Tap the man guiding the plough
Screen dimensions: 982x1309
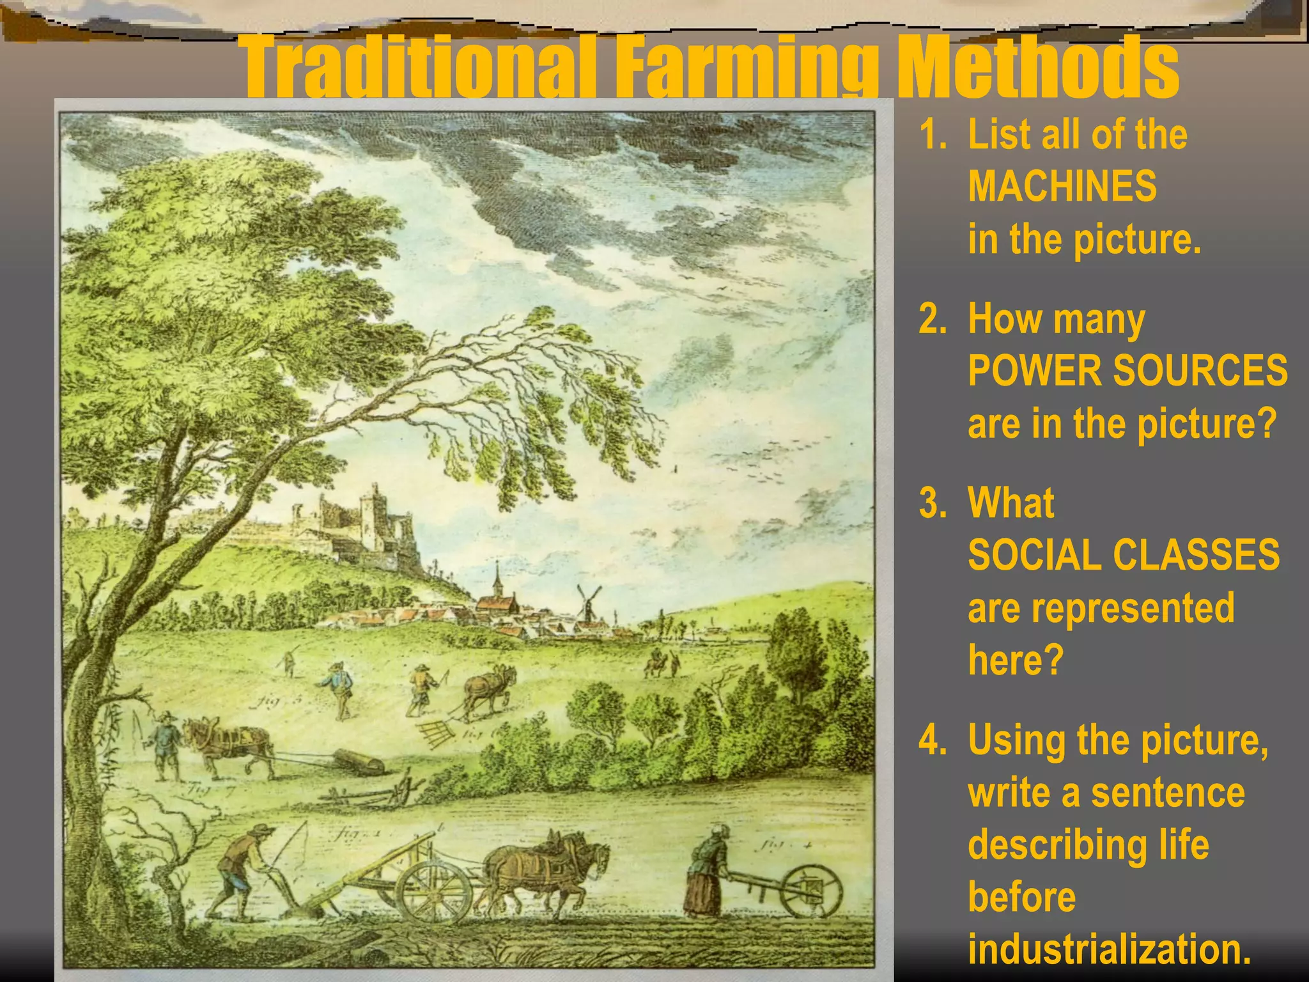pos(244,869)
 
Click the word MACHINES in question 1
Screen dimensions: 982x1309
pos(1062,186)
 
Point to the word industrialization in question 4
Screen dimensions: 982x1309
pos(1109,949)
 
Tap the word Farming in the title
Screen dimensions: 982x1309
pos(745,67)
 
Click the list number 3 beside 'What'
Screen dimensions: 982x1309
pos(932,503)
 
